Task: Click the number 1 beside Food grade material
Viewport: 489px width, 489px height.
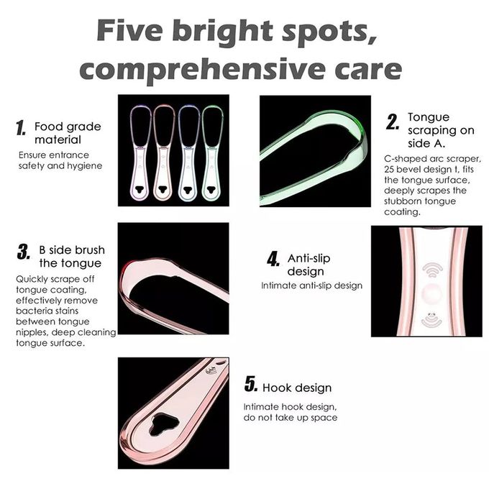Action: pos(21,128)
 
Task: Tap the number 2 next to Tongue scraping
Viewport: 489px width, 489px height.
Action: pos(393,122)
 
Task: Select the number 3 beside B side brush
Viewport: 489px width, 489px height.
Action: pos(24,252)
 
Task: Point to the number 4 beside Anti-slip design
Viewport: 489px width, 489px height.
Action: pos(273,259)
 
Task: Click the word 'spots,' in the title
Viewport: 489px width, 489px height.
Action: pos(329,31)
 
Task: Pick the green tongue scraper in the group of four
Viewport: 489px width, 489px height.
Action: pos(212,153)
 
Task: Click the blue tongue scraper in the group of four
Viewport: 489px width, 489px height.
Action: pos(188,153)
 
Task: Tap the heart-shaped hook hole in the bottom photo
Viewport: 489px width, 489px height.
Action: pos(163,424)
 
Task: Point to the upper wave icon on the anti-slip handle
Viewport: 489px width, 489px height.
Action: pos(433,270)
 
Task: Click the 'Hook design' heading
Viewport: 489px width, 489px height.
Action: pos(297,388)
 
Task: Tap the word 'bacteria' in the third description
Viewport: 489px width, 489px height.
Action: pos(32,311)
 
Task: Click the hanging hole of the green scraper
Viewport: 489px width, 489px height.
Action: pos(212,189)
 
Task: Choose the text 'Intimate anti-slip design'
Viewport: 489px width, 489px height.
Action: pos(312,285)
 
